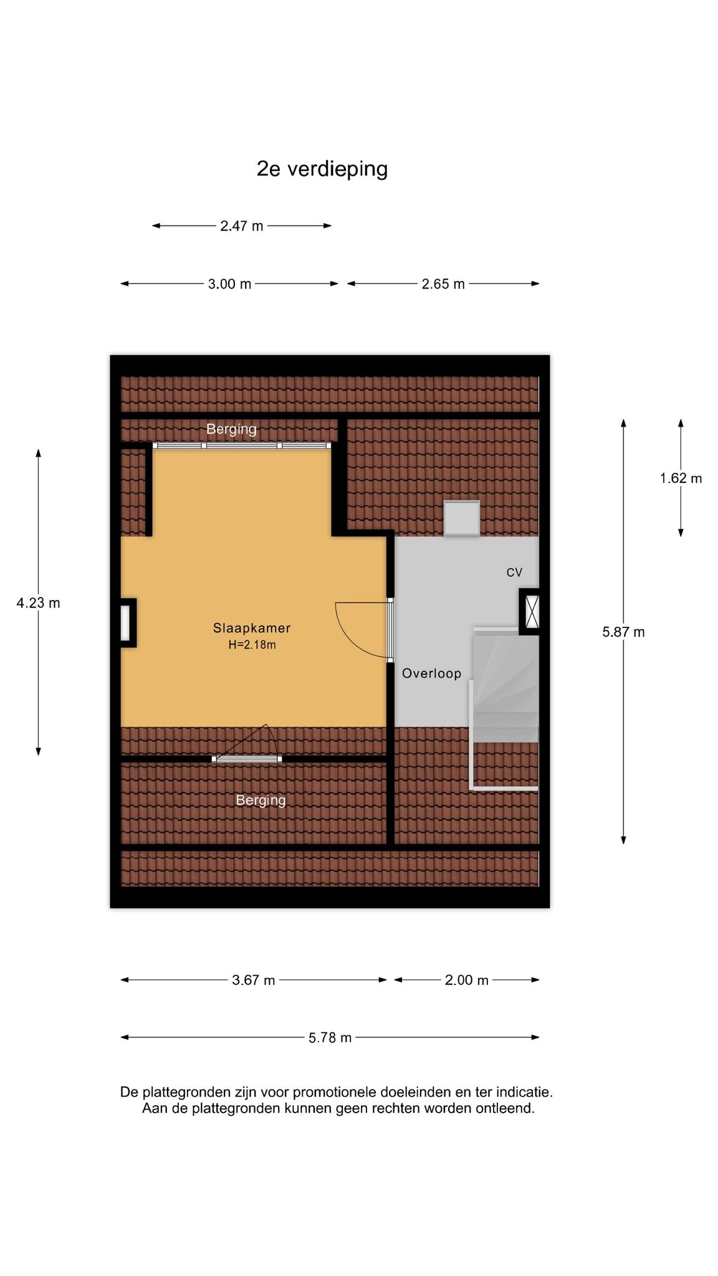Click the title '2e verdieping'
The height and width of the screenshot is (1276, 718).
322,169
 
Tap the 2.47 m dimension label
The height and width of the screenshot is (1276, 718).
242,226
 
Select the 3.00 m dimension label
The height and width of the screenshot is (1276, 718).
230,284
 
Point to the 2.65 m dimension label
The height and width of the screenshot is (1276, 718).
443,284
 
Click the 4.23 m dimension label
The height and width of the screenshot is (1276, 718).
39,603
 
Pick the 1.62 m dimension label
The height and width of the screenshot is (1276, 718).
681,478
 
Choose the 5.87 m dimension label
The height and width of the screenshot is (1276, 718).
623,632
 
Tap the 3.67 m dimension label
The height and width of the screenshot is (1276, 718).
254,980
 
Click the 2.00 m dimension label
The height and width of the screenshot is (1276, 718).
467,980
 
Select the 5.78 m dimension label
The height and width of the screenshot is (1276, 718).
330,1037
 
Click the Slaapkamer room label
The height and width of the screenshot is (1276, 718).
252,628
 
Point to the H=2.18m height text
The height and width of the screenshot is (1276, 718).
252,645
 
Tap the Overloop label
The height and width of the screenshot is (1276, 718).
432,674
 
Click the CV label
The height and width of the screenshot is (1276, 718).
514,573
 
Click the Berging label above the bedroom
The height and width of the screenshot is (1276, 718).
231,429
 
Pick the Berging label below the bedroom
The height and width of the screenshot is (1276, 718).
261,800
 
